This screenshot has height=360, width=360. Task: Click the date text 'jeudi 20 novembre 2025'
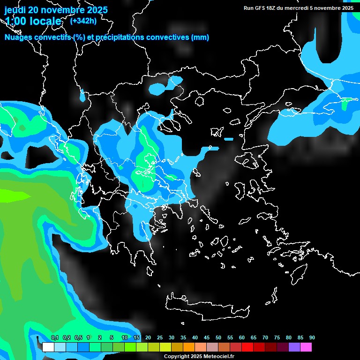[56, 10]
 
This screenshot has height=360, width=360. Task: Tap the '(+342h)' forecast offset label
[83, 21]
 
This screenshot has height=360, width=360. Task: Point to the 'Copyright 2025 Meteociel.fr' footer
[199, 356]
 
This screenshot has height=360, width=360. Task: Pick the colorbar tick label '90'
[312, 337]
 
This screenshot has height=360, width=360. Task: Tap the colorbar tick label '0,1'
[55, 337]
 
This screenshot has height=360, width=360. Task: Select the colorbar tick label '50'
[218, 337]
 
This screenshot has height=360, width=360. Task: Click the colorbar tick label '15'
[136, 337]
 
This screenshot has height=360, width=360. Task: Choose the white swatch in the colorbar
[48, 347]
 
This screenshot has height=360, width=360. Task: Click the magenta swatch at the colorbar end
[306, 347]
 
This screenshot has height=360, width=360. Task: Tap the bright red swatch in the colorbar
[247, 347]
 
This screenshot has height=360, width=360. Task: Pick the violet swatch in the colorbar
[294, 347]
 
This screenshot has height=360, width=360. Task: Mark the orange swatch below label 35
[189, 347]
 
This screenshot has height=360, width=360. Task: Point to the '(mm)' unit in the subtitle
[200, 37]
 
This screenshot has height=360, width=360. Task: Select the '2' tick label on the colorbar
[100, 337]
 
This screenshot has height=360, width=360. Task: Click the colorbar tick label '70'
[265, 337]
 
